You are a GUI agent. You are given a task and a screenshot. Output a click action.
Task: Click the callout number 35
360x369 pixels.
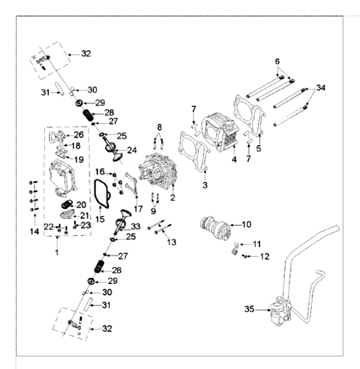[249, 308]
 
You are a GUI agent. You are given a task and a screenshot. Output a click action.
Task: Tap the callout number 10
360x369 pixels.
[247, 224]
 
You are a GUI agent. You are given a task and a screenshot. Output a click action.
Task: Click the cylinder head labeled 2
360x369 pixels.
[156, 171]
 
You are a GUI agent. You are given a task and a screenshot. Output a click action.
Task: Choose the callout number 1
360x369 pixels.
[57, 252]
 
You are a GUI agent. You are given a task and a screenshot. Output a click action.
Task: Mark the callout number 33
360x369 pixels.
[136, 226]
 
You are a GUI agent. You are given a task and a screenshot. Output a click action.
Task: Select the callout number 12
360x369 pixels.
[264, 256]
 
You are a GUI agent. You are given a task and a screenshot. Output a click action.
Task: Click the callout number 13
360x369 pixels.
[171, 242]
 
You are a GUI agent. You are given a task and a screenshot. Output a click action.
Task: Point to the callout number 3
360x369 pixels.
[205, 185]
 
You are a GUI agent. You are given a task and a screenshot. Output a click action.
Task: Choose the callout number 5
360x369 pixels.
[258, 148]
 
